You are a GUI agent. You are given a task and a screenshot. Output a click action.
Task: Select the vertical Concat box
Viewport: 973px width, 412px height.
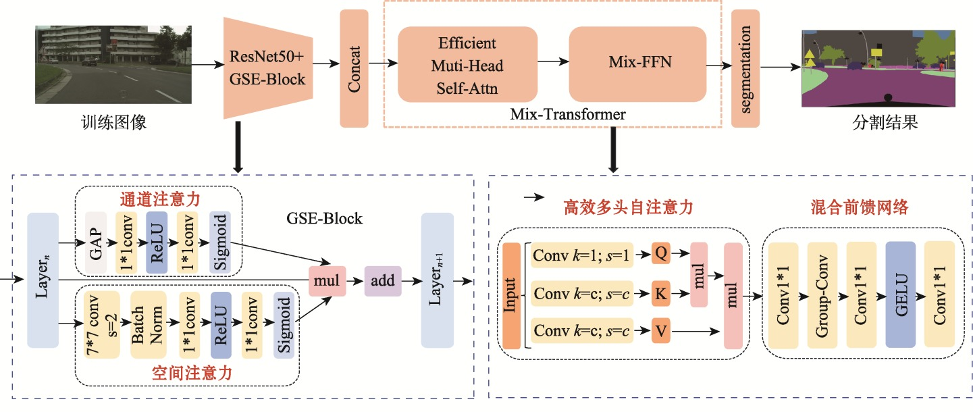click(x=354, y=68)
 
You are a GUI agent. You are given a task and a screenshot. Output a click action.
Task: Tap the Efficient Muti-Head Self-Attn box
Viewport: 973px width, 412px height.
click(x=467, y=65)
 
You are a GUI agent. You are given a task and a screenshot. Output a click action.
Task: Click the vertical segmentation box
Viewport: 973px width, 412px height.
click(x=745, y=68)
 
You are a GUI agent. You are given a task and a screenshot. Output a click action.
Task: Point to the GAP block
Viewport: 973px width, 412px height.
click(x=96, y=242)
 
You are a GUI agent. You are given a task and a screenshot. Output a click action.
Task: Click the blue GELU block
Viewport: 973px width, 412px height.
click(x=900, y=294)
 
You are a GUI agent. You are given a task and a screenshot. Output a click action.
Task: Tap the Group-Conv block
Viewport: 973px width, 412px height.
click(x=821, y=294)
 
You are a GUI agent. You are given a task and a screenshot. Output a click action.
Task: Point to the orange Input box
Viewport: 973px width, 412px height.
click(x=511, y=295)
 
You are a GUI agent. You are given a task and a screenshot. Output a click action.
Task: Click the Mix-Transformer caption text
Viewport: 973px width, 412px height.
click(x=568, y=115)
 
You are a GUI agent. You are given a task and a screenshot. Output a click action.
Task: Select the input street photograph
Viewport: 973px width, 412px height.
click(x=113, y=64)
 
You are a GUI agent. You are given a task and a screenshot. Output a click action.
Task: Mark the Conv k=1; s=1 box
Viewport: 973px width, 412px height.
click(x=581, y=255)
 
